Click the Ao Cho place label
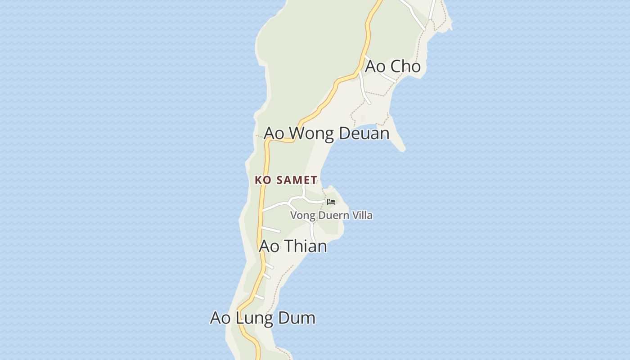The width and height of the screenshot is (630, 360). pyautogui.click(x=392, y=67)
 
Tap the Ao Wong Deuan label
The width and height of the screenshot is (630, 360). pyautogui.click(x=326, y=134)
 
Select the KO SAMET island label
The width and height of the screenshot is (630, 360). pyautogui.click(x=286, y=180)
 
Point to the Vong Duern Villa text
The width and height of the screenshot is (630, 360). pyautogui.click(x=331, y=215)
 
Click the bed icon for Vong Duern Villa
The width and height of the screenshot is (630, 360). pyautogui.click(x=332, y=202)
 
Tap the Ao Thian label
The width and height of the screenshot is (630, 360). pyautogui.click(x=293, y=246)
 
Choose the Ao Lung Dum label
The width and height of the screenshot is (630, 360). pyautogui.click(x=262, y=318)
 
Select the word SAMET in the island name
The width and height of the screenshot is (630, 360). pyautogui.click(x=296, y=180)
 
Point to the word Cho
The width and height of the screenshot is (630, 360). pyautogui.click(x=405, y=67)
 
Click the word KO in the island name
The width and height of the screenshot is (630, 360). pyautogui.click(x=263, y=180)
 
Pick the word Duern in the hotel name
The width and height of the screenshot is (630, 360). pyautogui.click(x=333, y=215)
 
